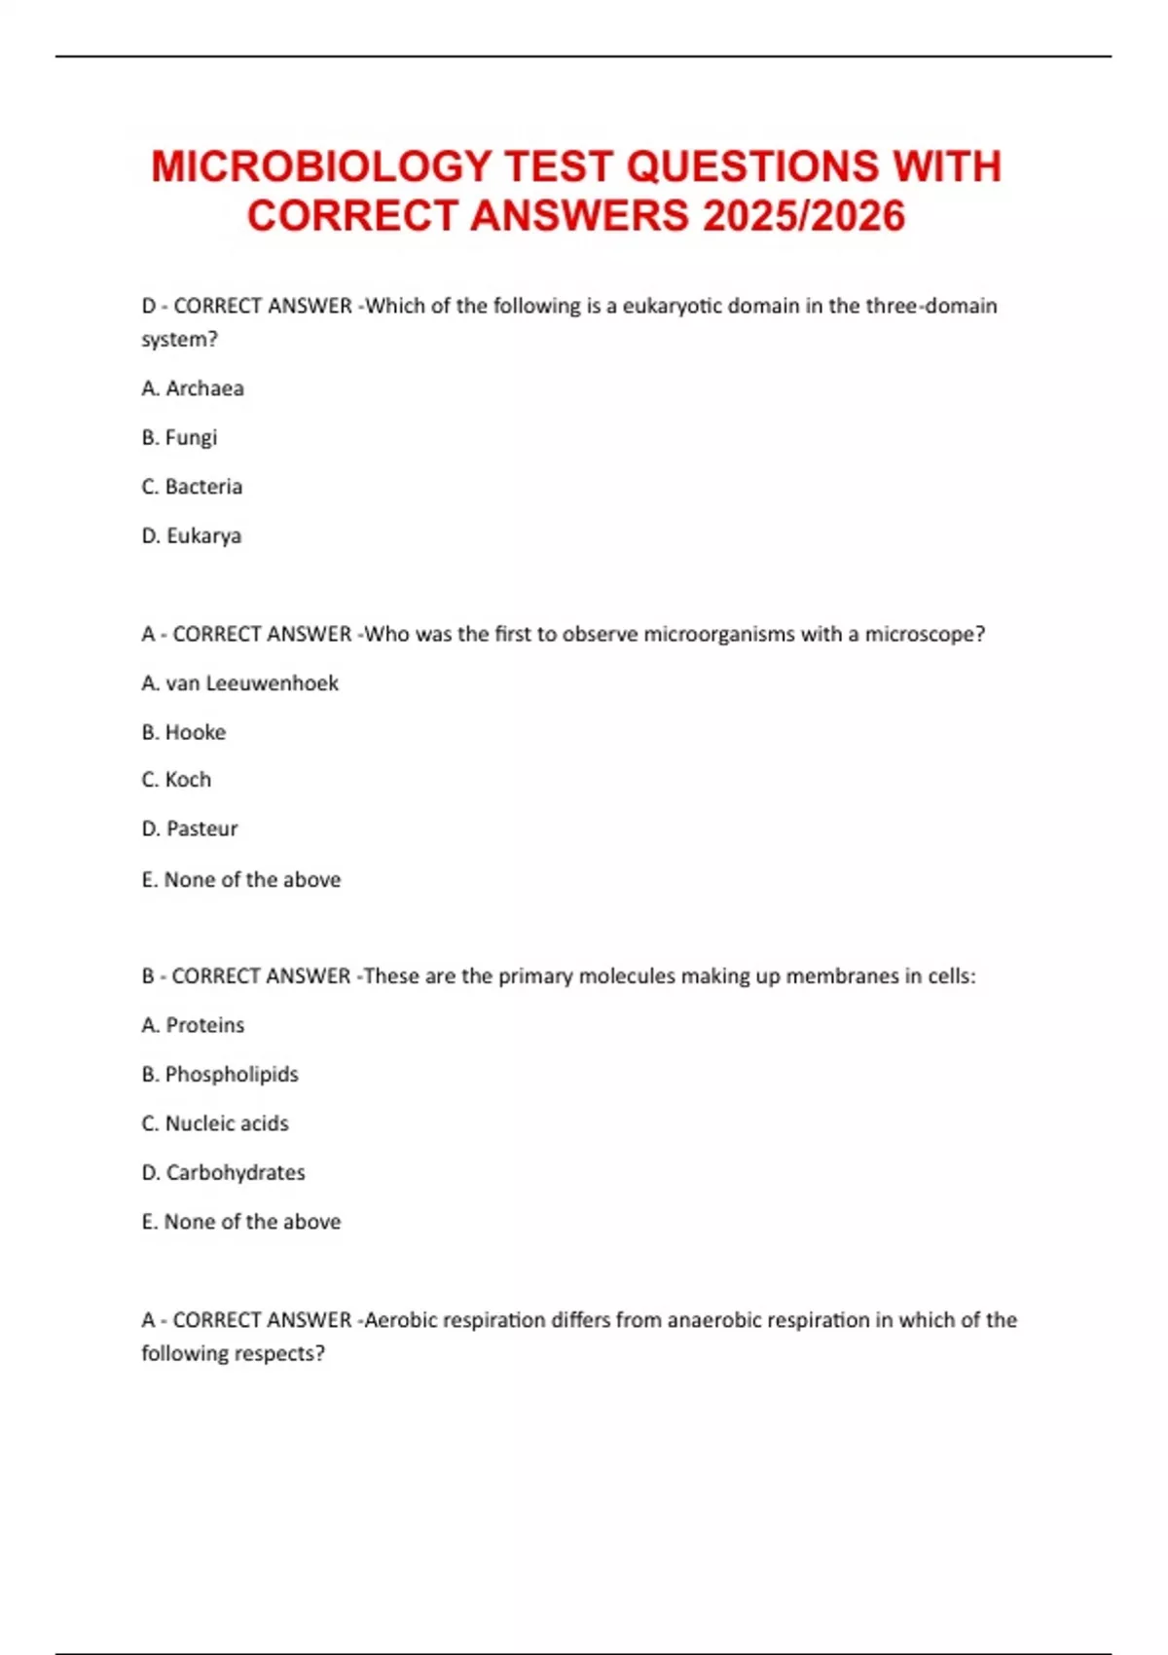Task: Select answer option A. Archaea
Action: (193, 388)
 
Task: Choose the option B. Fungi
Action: (179, 437)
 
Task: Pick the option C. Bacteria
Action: (192, 487)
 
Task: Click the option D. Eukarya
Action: (192, 535)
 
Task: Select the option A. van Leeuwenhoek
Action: (239, 683)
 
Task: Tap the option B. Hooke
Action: (184, 732)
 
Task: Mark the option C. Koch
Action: (176, 780)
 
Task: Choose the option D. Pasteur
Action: (190, 828)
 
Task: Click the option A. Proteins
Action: (193, 1025)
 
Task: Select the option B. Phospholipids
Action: (220, 1074)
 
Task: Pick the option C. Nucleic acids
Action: (215, 1123)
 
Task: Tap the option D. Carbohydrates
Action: (223, 1172)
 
